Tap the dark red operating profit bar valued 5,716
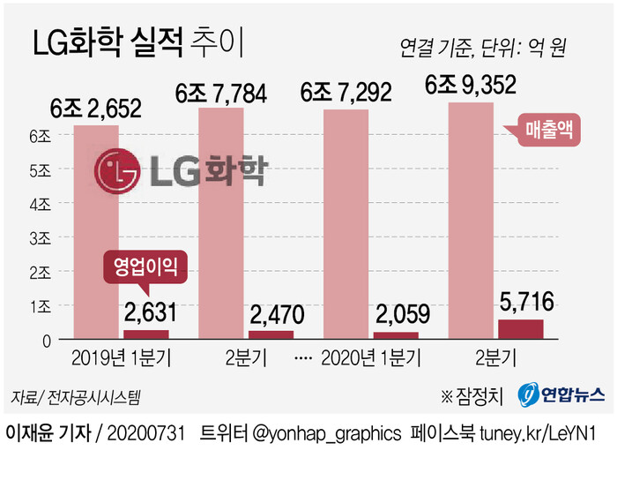click(x=521, y=329)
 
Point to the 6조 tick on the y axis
click(x=41, y=137)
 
